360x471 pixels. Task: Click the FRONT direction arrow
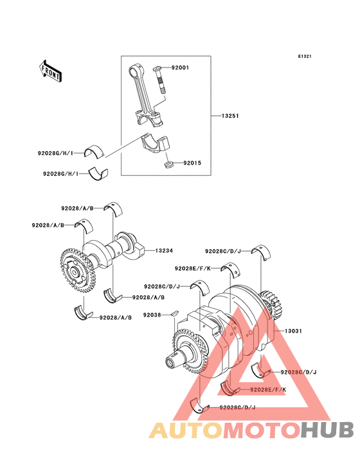point(50,71)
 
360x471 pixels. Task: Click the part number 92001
point(180,68)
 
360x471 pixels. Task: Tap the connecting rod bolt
point(161,79)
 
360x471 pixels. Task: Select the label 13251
point(230,116)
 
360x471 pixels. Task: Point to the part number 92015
point(192,163)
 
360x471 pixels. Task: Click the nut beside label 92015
point(169,165)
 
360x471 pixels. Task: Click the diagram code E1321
point(305,56)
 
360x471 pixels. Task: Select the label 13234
point(164,250)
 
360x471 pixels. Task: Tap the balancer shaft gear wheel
point(77,271)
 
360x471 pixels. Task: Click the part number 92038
point(152,315)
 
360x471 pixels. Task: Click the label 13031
point(293,331)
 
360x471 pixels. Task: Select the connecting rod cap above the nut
point(156,144)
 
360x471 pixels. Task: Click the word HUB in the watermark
point(327,430)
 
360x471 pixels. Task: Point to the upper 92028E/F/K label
point(193,268)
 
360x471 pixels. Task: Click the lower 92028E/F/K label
point(268,389)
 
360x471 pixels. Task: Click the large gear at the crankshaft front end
point(190,351)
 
